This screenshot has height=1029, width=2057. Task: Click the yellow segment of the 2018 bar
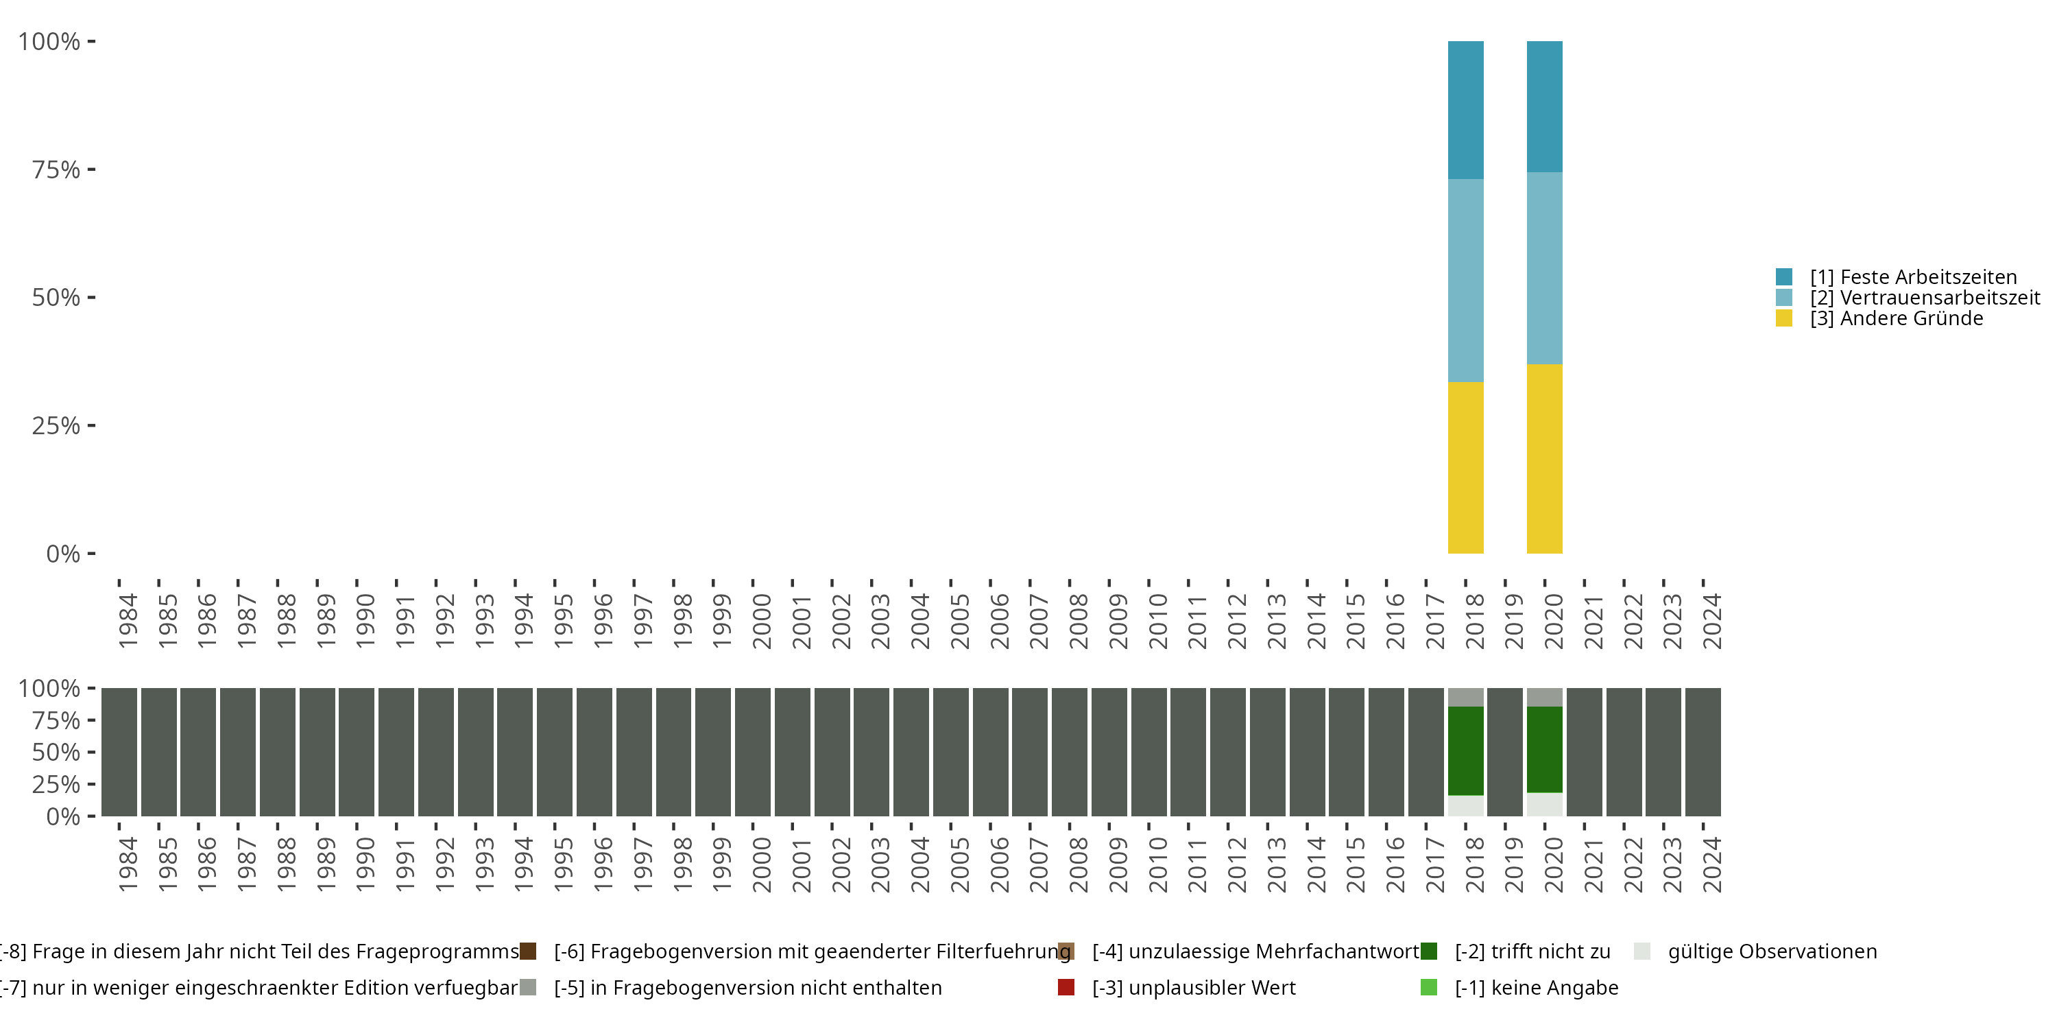pyautogui.click(x=1465, y=467)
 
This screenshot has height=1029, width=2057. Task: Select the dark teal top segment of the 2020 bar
pyautogui.click(x=1544, y=106)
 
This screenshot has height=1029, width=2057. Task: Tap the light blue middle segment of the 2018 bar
pyautogui.click(x=1465, y=281)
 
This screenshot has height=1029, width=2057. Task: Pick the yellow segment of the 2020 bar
pyautogui.click(x=1544, y=458)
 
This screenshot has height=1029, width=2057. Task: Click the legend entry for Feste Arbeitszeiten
pyautogui.click(x=1912, y=277)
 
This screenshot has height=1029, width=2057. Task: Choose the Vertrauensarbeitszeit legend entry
pyautogui.click(x=1925, y=298)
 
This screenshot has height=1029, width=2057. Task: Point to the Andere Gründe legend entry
pyautogui.click(x=1896, y=319)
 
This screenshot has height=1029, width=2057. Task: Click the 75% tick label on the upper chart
pyautogui.click(x=56, y=169)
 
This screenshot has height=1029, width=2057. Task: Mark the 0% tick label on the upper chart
pyautogui.click(x=63, y=554)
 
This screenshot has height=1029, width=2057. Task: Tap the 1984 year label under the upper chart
pyautogui.click(x=128, y=621)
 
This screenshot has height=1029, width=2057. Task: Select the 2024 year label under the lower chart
pyautogui.click(x=1712, y=865)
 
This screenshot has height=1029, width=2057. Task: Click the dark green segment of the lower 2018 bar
pyautogui.click(x=1465, y=751)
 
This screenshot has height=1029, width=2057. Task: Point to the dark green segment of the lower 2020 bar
pyautogui.click(x=1544, y=749)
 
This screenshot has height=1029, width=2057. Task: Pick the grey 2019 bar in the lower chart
pyautogui.click(x=1505, y=752)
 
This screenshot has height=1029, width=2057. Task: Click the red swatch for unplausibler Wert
pyautogui.click(x=1066, y=987)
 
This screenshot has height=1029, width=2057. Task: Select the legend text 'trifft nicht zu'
pyautogui.click(x=1532, y=951)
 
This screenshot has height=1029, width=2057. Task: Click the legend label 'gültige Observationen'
pyautogui.click(x=1772, y=951)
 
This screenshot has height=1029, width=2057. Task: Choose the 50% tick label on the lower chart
pyautogui.click(x=56, y=753)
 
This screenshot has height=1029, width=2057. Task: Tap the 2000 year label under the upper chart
pyautogui.click(x=762, y=621)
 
